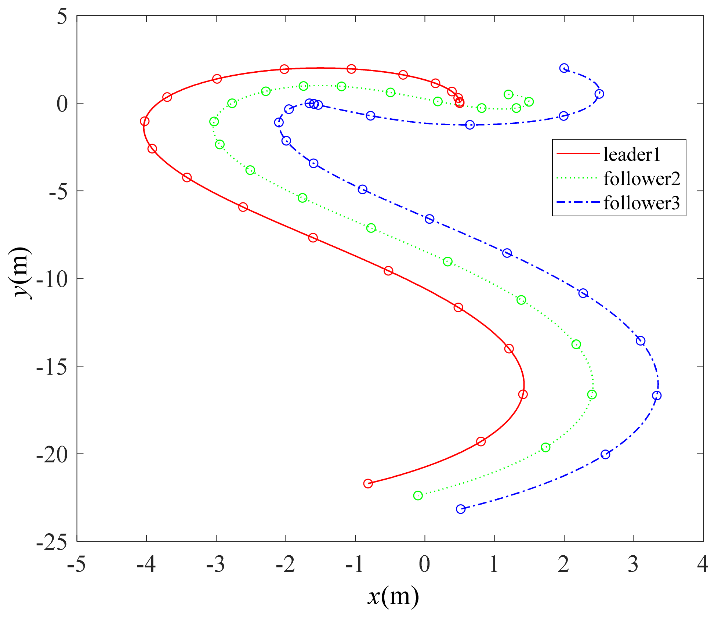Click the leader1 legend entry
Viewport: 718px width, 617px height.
tap(631, 154)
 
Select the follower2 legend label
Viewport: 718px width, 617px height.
tap(642, 179)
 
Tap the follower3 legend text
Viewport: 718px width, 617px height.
tap(642, 203)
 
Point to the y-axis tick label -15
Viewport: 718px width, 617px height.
tap(52, 367)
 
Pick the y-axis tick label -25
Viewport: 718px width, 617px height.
tap(52, 542)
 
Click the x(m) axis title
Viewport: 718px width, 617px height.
tap(393, 597)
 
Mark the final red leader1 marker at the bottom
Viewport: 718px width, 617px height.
tap(368, 483)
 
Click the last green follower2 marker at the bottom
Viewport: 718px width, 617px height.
tap(418, 495)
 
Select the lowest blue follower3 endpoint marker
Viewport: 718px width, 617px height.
tap(461, 509)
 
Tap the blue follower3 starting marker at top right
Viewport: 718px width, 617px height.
tap(564, 68)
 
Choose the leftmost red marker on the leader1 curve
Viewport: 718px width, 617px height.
tap(145, 121)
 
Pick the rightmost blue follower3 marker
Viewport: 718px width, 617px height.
tap(657, 396)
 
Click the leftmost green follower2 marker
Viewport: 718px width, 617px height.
tap(214, 122)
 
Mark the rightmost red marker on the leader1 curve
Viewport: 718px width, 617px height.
tap(523, 394)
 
